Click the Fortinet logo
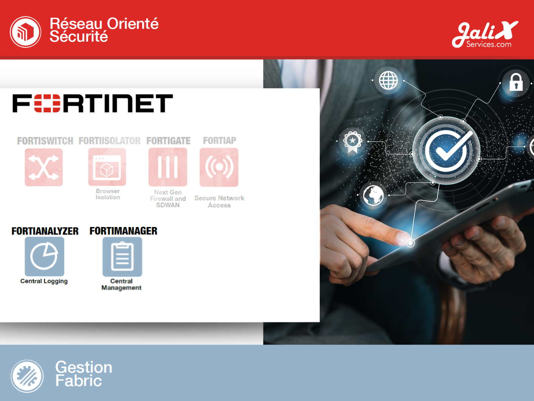[x=93, y=103]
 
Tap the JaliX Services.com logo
[x=485, y=34]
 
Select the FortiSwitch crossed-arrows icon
[x=44, y=167]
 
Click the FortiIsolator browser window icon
[x=107, y=167]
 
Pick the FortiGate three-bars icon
[x=168, y=167]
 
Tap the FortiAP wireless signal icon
[x=219, y=167]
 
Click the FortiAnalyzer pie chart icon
[x=45, y=256]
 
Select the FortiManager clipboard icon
[x=122, y=256]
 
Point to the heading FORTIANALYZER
[x=45, y=231]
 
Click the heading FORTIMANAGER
[x=123, y=231]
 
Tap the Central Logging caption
[x=44, y=281]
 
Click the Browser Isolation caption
[x=108, y=194]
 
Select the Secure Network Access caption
[x=219, y=202]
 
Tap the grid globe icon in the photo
[x=388, y=80]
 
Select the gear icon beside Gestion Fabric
[x=27, y=376]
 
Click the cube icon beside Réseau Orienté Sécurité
[x=25, y=32]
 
